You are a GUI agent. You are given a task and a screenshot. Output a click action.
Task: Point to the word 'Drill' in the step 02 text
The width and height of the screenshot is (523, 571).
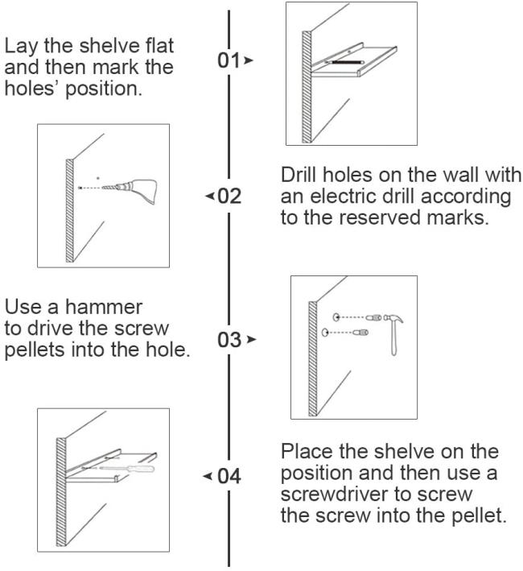pos(301,178)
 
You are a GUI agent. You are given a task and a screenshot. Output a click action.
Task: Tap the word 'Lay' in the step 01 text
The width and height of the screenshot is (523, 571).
pos(19,43)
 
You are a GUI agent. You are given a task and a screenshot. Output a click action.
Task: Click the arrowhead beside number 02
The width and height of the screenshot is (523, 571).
pos(210,197)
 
